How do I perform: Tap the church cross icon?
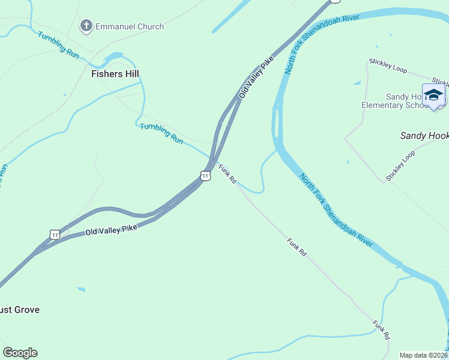tap(86, 26)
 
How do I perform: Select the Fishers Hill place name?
tap(115, 74)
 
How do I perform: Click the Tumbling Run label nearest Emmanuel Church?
tap(58, 44)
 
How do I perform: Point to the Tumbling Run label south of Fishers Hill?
tap(161, 133)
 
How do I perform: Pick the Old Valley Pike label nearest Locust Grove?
tap(111, 229)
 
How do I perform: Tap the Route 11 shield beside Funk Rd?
tap(205, 176)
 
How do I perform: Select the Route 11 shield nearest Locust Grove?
tap(55, 235)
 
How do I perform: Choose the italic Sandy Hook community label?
tap(424, 136)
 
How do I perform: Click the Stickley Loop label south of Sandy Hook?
tap(400, 166)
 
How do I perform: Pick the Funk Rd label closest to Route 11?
tap(228, 174)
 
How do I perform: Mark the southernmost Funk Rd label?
tap(381, 329)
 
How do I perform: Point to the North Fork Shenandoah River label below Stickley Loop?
tap(336, 209)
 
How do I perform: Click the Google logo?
tap(20, 353)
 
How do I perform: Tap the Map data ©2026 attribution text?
tap(423, 355)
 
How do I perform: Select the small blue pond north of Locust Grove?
tap(81, 289)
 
